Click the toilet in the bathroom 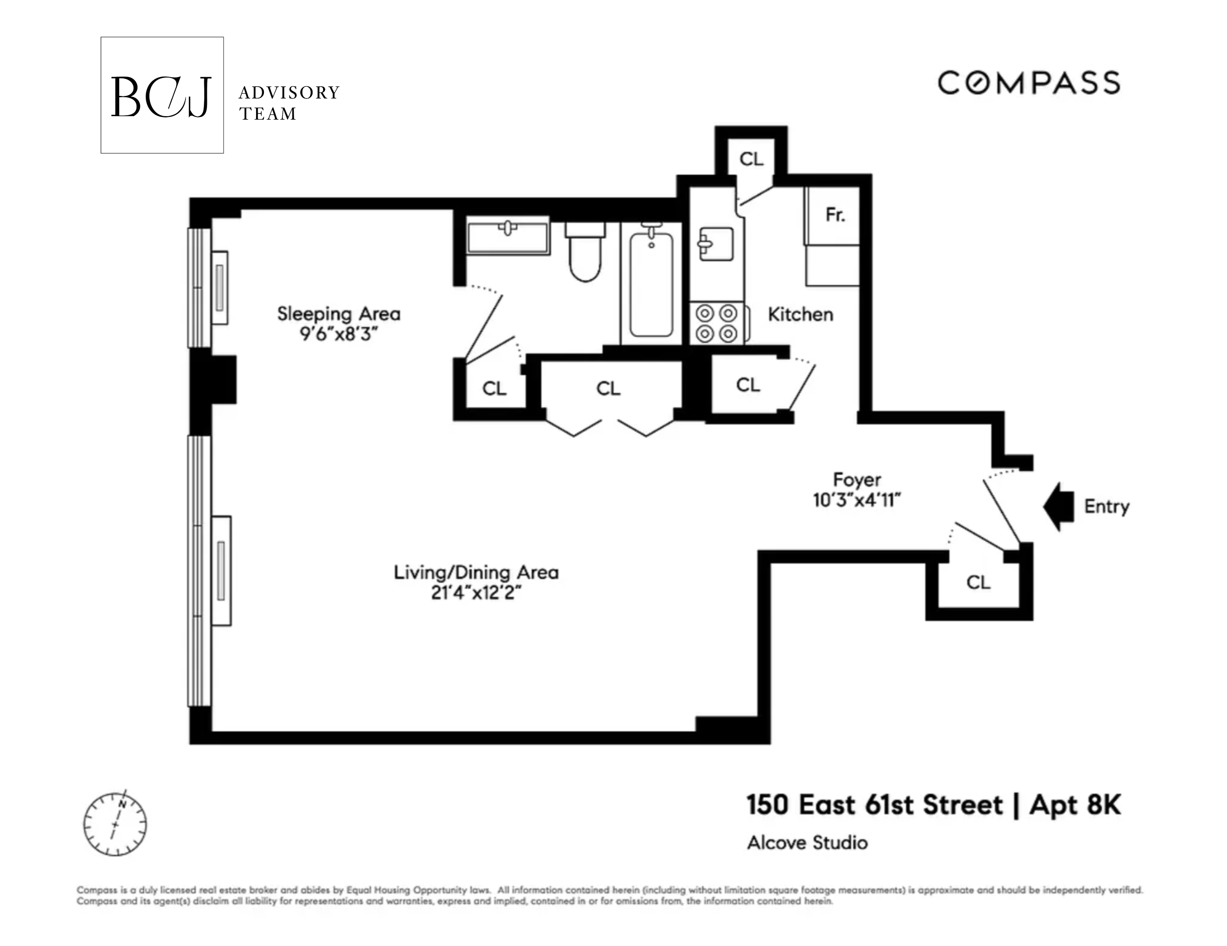pos(585,255)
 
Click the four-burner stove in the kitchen pos(717,323)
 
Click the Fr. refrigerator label pos(835,215)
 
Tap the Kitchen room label pos(800,314)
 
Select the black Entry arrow pos(1059,506)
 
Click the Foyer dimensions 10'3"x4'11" pos(857,500)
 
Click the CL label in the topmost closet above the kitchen pos(751,159)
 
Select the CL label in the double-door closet pos(608,388)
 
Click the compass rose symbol pos(115,824)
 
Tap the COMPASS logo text pos(1029,83)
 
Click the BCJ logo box pos(162,95)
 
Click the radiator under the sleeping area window pos(220,287)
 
